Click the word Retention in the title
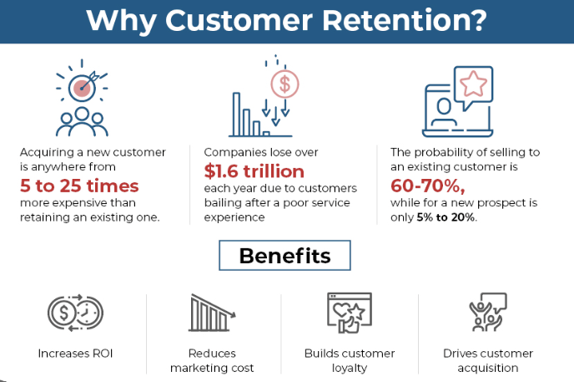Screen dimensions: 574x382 pos(405,20)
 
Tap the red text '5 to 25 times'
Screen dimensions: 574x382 pos(79,186)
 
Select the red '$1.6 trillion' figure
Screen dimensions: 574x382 pos(254,171)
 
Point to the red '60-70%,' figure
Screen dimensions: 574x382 pos(427,186)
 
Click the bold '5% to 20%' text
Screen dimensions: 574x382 pos(446,217)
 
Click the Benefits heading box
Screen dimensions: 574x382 pos(284,256)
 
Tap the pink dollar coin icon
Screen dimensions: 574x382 pos(284,84)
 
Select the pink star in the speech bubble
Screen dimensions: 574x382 pos(473,84)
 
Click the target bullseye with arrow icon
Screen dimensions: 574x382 pos(82,87)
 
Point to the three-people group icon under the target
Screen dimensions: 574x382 pos(82,122)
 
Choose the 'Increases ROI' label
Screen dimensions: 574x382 pos(75,354)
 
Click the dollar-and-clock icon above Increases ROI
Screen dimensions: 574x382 pos(75,313)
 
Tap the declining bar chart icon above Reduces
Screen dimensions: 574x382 pos(212,313)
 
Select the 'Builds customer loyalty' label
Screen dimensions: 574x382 pos(350,360)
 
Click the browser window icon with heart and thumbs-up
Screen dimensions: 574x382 pos(350,313)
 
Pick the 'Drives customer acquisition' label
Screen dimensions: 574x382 pos(488,360)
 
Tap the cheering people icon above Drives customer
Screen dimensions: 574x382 pos(488,312)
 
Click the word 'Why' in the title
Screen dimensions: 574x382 pos(122,21)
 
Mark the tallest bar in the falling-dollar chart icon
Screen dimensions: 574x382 pos(236,115)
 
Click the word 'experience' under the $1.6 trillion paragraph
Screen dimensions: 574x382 pos(234,217)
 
